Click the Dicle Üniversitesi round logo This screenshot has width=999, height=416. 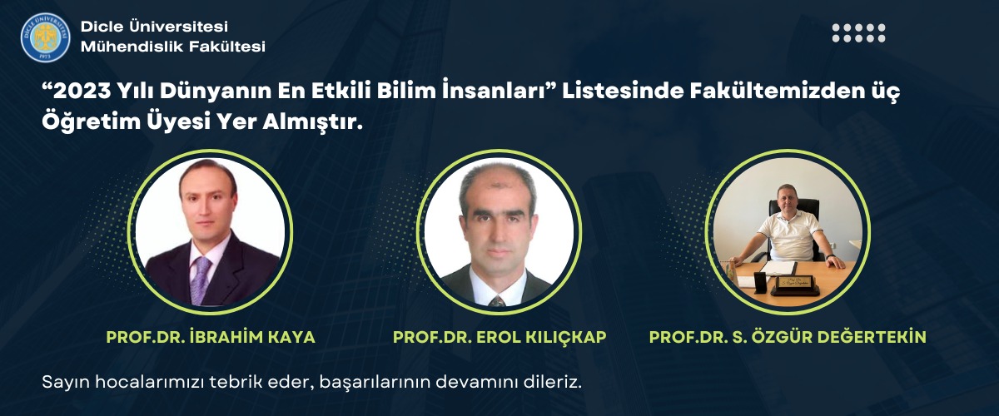(x=45, y=37)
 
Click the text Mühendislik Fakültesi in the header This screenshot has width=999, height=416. (x=173, y=46)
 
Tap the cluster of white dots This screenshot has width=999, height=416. (x=858, y=33)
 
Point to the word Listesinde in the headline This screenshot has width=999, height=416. (x=623, y=91)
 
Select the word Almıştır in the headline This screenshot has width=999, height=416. (x=310, y=122)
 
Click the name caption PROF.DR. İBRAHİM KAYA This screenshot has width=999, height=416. (x=211, y=337)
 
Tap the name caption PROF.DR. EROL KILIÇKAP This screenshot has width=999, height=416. (x=499, y=337)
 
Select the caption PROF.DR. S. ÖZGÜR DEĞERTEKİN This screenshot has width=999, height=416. (x=788, y=337)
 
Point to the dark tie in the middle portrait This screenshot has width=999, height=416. (x=497, y=301)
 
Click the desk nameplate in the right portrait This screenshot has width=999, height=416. (x=796, y=285)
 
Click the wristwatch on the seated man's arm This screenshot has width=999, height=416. (x=830, y=257)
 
